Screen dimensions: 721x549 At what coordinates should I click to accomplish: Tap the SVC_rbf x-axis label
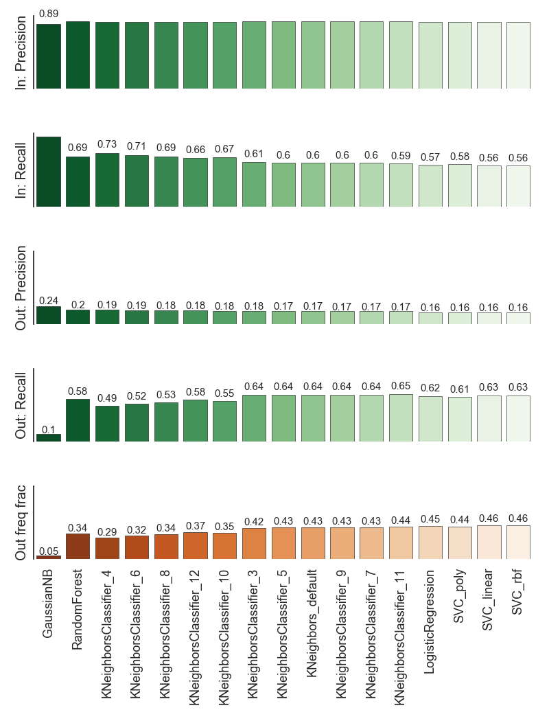pos(519,593)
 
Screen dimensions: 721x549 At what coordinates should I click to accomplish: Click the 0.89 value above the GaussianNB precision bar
pos(49,14)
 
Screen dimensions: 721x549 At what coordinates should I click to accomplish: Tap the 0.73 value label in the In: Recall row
pos(107,144)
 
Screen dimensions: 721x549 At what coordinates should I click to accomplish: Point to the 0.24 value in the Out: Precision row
pos(49,300)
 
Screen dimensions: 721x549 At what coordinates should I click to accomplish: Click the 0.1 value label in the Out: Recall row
pos(49,429)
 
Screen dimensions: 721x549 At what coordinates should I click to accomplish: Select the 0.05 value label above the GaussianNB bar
pos(49,551)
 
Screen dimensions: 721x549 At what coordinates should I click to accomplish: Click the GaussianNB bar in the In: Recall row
pos(49,172)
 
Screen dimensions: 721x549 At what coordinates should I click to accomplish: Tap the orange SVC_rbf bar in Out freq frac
pos(519,542)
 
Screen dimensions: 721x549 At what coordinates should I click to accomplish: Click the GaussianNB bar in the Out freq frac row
pos(49,557)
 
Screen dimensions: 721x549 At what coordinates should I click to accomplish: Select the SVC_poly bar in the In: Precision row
pos(460,56)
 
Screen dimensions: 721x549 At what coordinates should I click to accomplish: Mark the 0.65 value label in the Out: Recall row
pos(401,386)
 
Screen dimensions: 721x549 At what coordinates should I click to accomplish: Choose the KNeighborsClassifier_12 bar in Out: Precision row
pos(196,317)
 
